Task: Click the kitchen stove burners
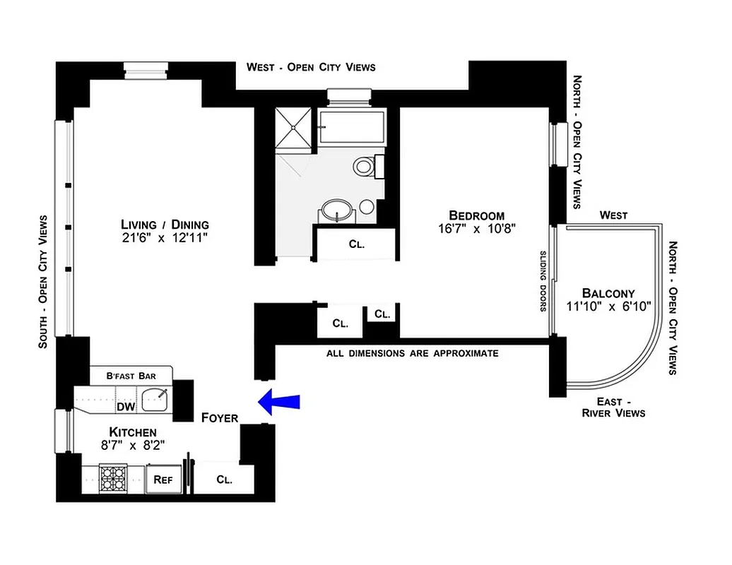(112, 478)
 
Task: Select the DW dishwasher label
(126, 406)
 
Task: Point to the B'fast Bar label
(131, 376)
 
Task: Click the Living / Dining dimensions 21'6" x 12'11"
(165, 238)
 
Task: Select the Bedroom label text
(477, 215)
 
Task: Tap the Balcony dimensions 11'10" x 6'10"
(608, 306)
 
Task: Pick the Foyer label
(220, 417)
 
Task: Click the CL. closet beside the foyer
(224, 480)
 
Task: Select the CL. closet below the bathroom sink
(356, 244)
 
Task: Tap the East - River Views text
(613, 408)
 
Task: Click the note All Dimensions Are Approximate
(412, 353)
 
